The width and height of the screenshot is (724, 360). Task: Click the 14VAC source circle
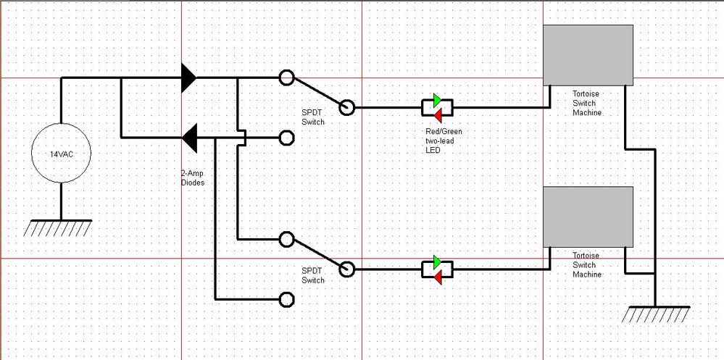tap(61, 154)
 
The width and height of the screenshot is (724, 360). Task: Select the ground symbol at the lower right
tap(655, 314)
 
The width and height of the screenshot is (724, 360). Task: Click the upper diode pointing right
tap(188, 77)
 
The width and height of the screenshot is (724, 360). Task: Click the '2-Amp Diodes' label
tap(193, 178)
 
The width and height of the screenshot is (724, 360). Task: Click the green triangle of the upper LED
tap(438, 100)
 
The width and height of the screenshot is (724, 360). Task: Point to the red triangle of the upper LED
tap(438, 116)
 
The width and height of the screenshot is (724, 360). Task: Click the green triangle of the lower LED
tap(438, 261)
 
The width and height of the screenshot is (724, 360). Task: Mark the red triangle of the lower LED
tap(438, 277)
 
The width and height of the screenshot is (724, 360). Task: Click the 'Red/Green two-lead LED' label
tap(444, 140)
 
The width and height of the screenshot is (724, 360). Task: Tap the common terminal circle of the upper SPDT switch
tap(348, 107)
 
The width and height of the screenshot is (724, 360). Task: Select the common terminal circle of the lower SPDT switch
tap(348, 269)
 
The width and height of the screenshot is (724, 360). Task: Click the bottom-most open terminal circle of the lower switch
tap(287, 299)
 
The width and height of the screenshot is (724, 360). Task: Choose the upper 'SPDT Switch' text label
tap(313, 117)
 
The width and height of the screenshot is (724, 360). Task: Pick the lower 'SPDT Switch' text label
tap(313, 275)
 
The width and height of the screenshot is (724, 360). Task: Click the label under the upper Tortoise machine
tap(586, 103)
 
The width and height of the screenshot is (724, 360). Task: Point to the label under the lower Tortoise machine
tap(586, 264)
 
